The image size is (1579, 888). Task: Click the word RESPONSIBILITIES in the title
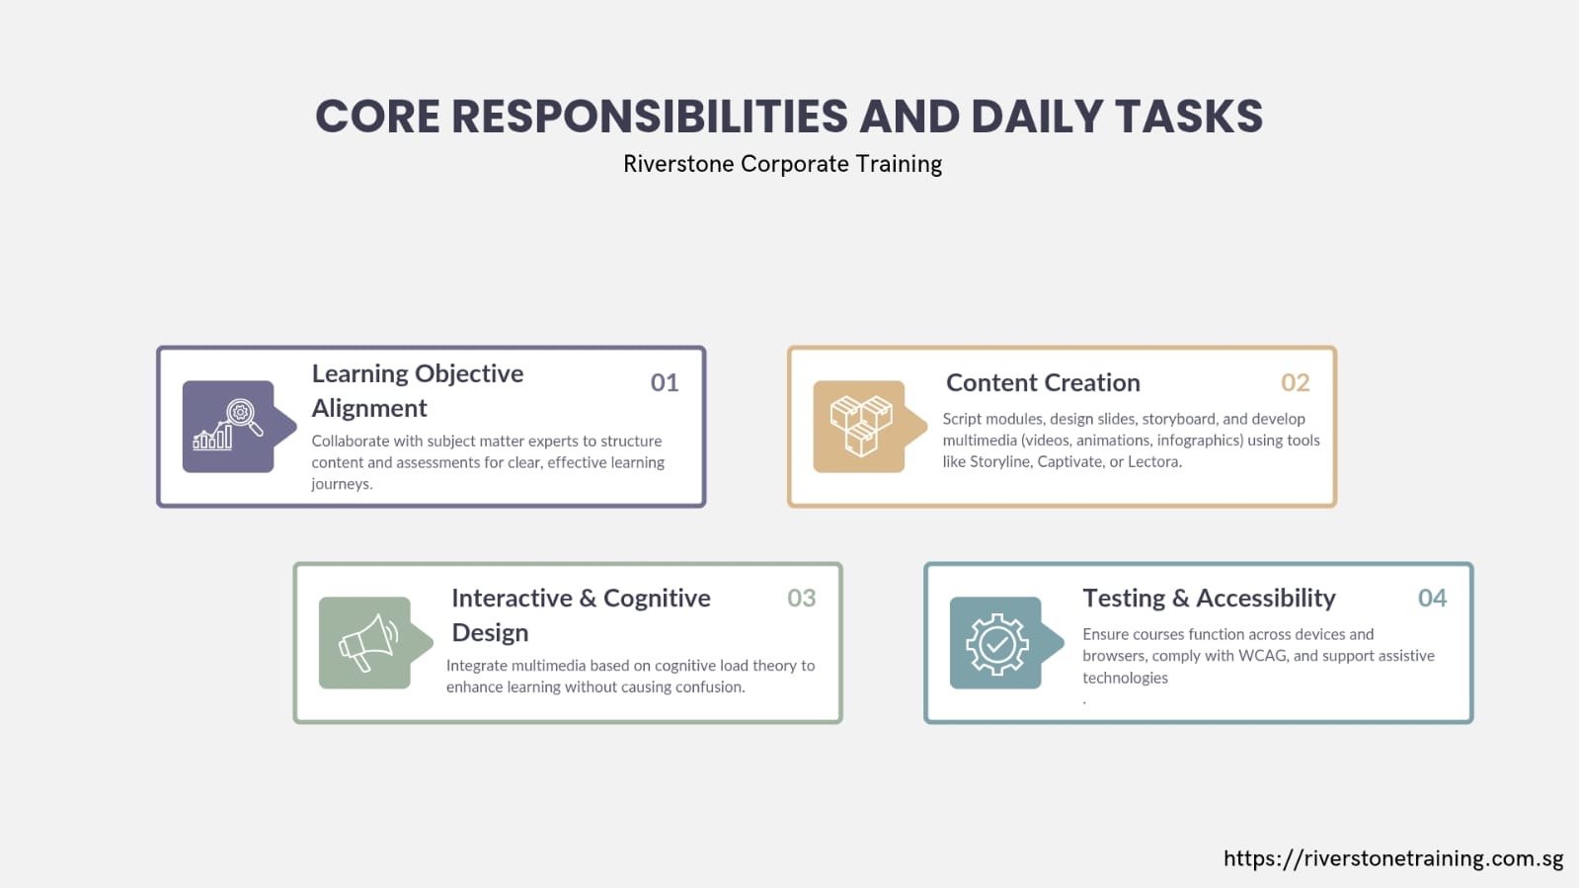click(649, 117)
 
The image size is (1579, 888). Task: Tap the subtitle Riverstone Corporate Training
click(782, 164)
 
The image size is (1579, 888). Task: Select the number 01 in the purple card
click(664, 382)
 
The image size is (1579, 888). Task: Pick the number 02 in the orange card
click(1295, 382)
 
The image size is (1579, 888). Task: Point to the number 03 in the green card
click(802, 599)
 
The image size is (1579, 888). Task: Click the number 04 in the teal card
click(1433, 599)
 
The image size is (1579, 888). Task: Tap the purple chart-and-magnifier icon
click(228, 426)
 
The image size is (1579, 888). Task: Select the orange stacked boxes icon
click(860, 426)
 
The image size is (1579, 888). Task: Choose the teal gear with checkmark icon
click(996, 643)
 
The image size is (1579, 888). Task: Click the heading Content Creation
click(1043, 383)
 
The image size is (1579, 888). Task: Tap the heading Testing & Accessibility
click(1209, 599)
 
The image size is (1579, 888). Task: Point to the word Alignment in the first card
click(369, 408)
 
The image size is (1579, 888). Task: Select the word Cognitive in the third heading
click(657, 599)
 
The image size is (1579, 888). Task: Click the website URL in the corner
click(1393, 859)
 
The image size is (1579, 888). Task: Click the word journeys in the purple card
click(342, 485)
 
